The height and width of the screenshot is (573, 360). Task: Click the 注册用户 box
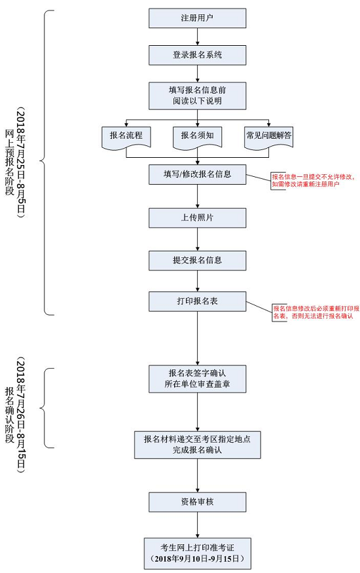(197, 18)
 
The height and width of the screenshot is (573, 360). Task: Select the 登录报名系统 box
(197, 55)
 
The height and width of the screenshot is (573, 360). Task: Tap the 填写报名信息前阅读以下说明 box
(197, 96)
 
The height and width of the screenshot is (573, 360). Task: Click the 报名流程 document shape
(126, 136)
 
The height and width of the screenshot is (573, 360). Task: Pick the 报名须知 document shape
(197, 136)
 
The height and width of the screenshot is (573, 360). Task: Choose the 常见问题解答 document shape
(268, 136)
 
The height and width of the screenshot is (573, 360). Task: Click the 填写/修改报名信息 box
(197, 174)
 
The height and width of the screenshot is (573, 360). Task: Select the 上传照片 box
(197, 217)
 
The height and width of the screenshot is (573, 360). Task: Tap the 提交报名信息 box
(197, 260)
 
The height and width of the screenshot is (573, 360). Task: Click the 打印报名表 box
(197, 301)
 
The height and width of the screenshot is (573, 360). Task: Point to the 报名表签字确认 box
(197, 378)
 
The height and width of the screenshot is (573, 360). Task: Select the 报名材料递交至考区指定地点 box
(197, 445)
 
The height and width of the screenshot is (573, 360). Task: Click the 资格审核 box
(197, 502)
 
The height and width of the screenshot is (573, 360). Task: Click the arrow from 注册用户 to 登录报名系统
(197, 37)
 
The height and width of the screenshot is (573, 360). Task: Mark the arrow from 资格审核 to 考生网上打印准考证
(197, 525)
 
